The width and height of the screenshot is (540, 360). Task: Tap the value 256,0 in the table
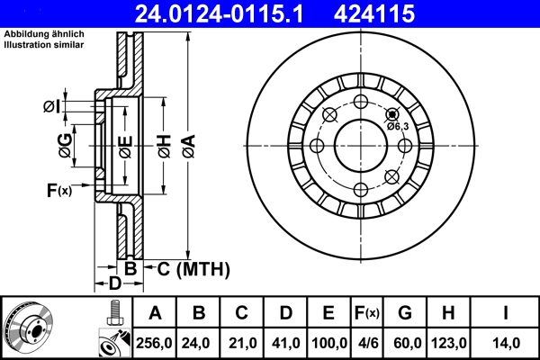tap(155, 343)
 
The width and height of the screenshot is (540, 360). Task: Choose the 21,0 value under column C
tap(242, 343)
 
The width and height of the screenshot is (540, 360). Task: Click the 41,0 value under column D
tap(285, 343)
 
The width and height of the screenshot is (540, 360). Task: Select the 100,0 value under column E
tap(329, 343)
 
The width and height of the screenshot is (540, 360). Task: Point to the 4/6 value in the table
tap(367, 343)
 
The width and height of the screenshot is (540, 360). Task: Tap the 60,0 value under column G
tap(405, 343)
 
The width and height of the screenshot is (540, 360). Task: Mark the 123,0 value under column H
tap(447, 343)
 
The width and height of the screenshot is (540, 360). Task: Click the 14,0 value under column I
tap(505, 343)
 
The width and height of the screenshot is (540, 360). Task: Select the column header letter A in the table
tap(155, 313)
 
